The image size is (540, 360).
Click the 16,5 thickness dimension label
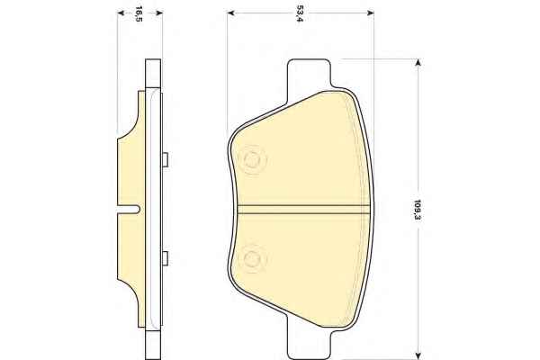(139, 13)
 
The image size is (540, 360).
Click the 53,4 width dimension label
(300, 13)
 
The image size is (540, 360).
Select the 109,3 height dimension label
(418, 210)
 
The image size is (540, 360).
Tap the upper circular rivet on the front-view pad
(253, 160)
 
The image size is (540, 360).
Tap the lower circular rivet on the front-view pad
(252, 258)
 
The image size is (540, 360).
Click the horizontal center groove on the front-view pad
(303, 210)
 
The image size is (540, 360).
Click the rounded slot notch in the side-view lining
(129, 209)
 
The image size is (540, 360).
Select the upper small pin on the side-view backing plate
(165, 160)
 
